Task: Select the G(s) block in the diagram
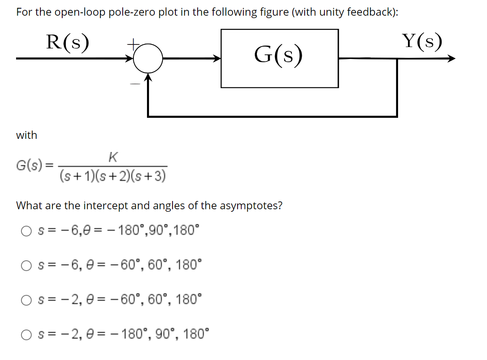[280, 58]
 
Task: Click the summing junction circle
[148, 58]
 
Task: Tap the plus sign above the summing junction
[133, 42]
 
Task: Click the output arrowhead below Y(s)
[452, 58]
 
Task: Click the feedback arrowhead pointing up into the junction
[148, 78]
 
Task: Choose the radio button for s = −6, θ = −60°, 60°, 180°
[26, 264]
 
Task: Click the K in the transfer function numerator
[113, 157]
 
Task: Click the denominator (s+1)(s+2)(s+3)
[113, 177]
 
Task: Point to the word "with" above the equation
[26, 135]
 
